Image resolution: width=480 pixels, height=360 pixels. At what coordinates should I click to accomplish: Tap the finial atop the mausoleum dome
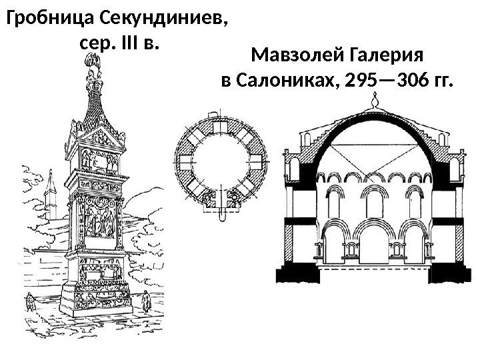(x=376, y=102)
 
